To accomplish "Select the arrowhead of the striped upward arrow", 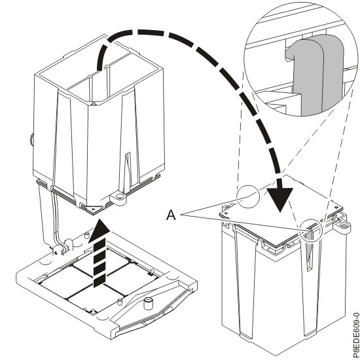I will pyautogui.click(x=98, y=229).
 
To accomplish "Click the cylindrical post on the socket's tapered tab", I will pyautogui.click(x=149, y=303).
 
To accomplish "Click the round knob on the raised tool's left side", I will pyautogui.click(x=30, y=139).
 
